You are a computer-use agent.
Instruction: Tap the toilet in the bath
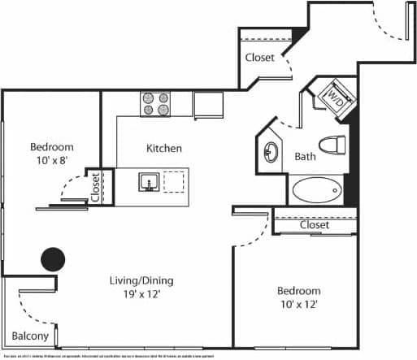[x=332, y=146]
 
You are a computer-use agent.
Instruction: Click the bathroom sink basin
[x=270, y=152]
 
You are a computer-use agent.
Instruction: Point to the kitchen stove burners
[x=155, y=103]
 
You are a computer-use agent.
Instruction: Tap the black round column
[x=53, y=259]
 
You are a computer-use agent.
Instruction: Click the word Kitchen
[x=163, y=149]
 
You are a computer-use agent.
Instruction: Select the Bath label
[x=305, y=157]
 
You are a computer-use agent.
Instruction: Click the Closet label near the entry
[x=260, y=59]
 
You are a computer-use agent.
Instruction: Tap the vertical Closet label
[x=95, y=187]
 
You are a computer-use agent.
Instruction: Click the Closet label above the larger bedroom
[x=314, y=225]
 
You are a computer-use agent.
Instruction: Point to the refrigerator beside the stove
[x=208, y=105]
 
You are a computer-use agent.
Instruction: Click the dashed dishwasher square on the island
[x=174, y=181]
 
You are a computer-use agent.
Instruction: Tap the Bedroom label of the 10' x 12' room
[x=298, y=291]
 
